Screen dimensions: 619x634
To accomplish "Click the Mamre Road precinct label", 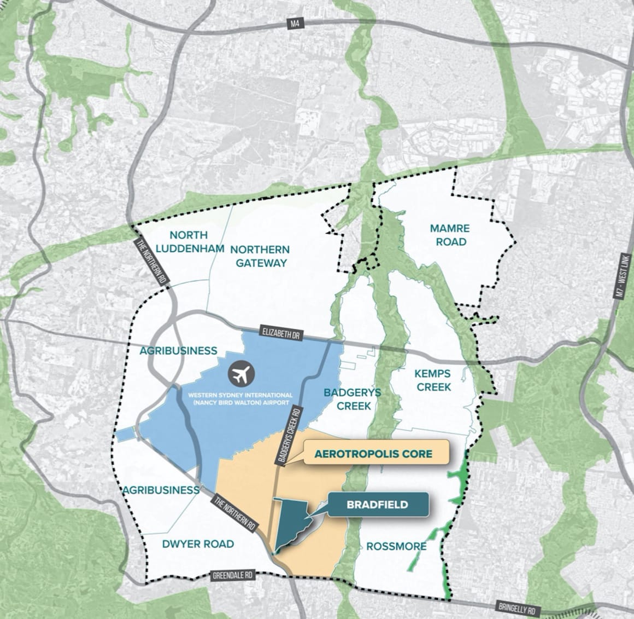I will tap(451, 234).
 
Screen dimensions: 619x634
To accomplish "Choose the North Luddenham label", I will tap(189, 241).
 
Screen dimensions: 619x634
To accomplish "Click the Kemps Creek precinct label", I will tap(432, 380).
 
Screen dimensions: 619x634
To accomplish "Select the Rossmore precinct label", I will tap(396, 546).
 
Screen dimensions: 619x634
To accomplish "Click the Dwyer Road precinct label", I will tap(198, 543).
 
